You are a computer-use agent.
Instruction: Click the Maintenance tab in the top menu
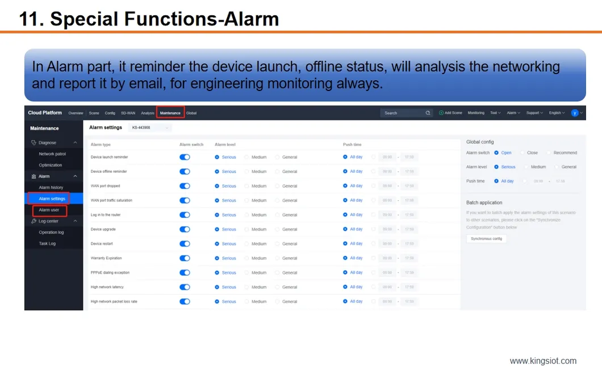tap(170, 113)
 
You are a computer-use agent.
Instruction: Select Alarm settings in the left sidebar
tap(52, 199)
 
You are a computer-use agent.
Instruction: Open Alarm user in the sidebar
tap(49, 210)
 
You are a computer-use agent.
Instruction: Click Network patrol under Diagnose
tap(52, 154)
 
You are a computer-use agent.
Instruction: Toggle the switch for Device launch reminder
tap(185, 157)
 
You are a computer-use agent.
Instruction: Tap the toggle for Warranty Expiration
tap(185, 258)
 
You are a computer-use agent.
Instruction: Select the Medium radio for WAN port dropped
tap(247, 186)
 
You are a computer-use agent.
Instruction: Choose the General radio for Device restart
tap(278, 244)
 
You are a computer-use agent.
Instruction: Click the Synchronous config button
tap(486, 239)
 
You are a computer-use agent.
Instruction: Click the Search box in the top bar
tap(405, 113)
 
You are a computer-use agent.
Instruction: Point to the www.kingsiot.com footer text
tap(543, 361)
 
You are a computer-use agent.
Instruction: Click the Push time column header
tap(352, 144)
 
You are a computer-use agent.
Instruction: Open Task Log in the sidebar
tap(47, 243)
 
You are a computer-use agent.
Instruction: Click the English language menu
tap(557, 113)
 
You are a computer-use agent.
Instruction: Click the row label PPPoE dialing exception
tap(110, 273)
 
